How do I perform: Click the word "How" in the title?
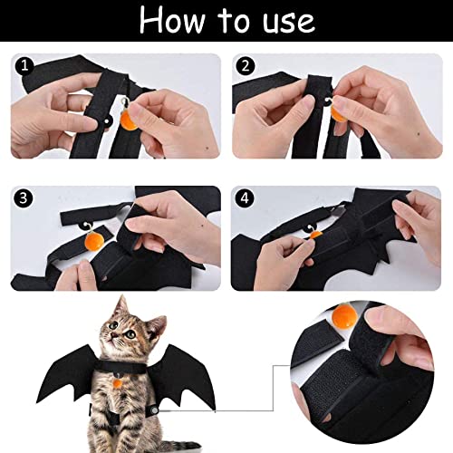[171, 20]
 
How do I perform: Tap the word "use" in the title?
[289, 23]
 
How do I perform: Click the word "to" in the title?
[234, 21]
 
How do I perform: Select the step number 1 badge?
[24, 66]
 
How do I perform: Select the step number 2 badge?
[246, 66]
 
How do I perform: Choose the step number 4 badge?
[245, 198]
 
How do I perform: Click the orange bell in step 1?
[129, 120]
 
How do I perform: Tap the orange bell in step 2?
[338, 113]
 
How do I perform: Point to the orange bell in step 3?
[94, 242]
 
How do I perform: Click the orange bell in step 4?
[316, 235]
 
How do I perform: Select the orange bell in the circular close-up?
[345, 316]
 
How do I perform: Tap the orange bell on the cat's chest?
[118, 383]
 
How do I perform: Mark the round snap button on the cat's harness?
[155, 410]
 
